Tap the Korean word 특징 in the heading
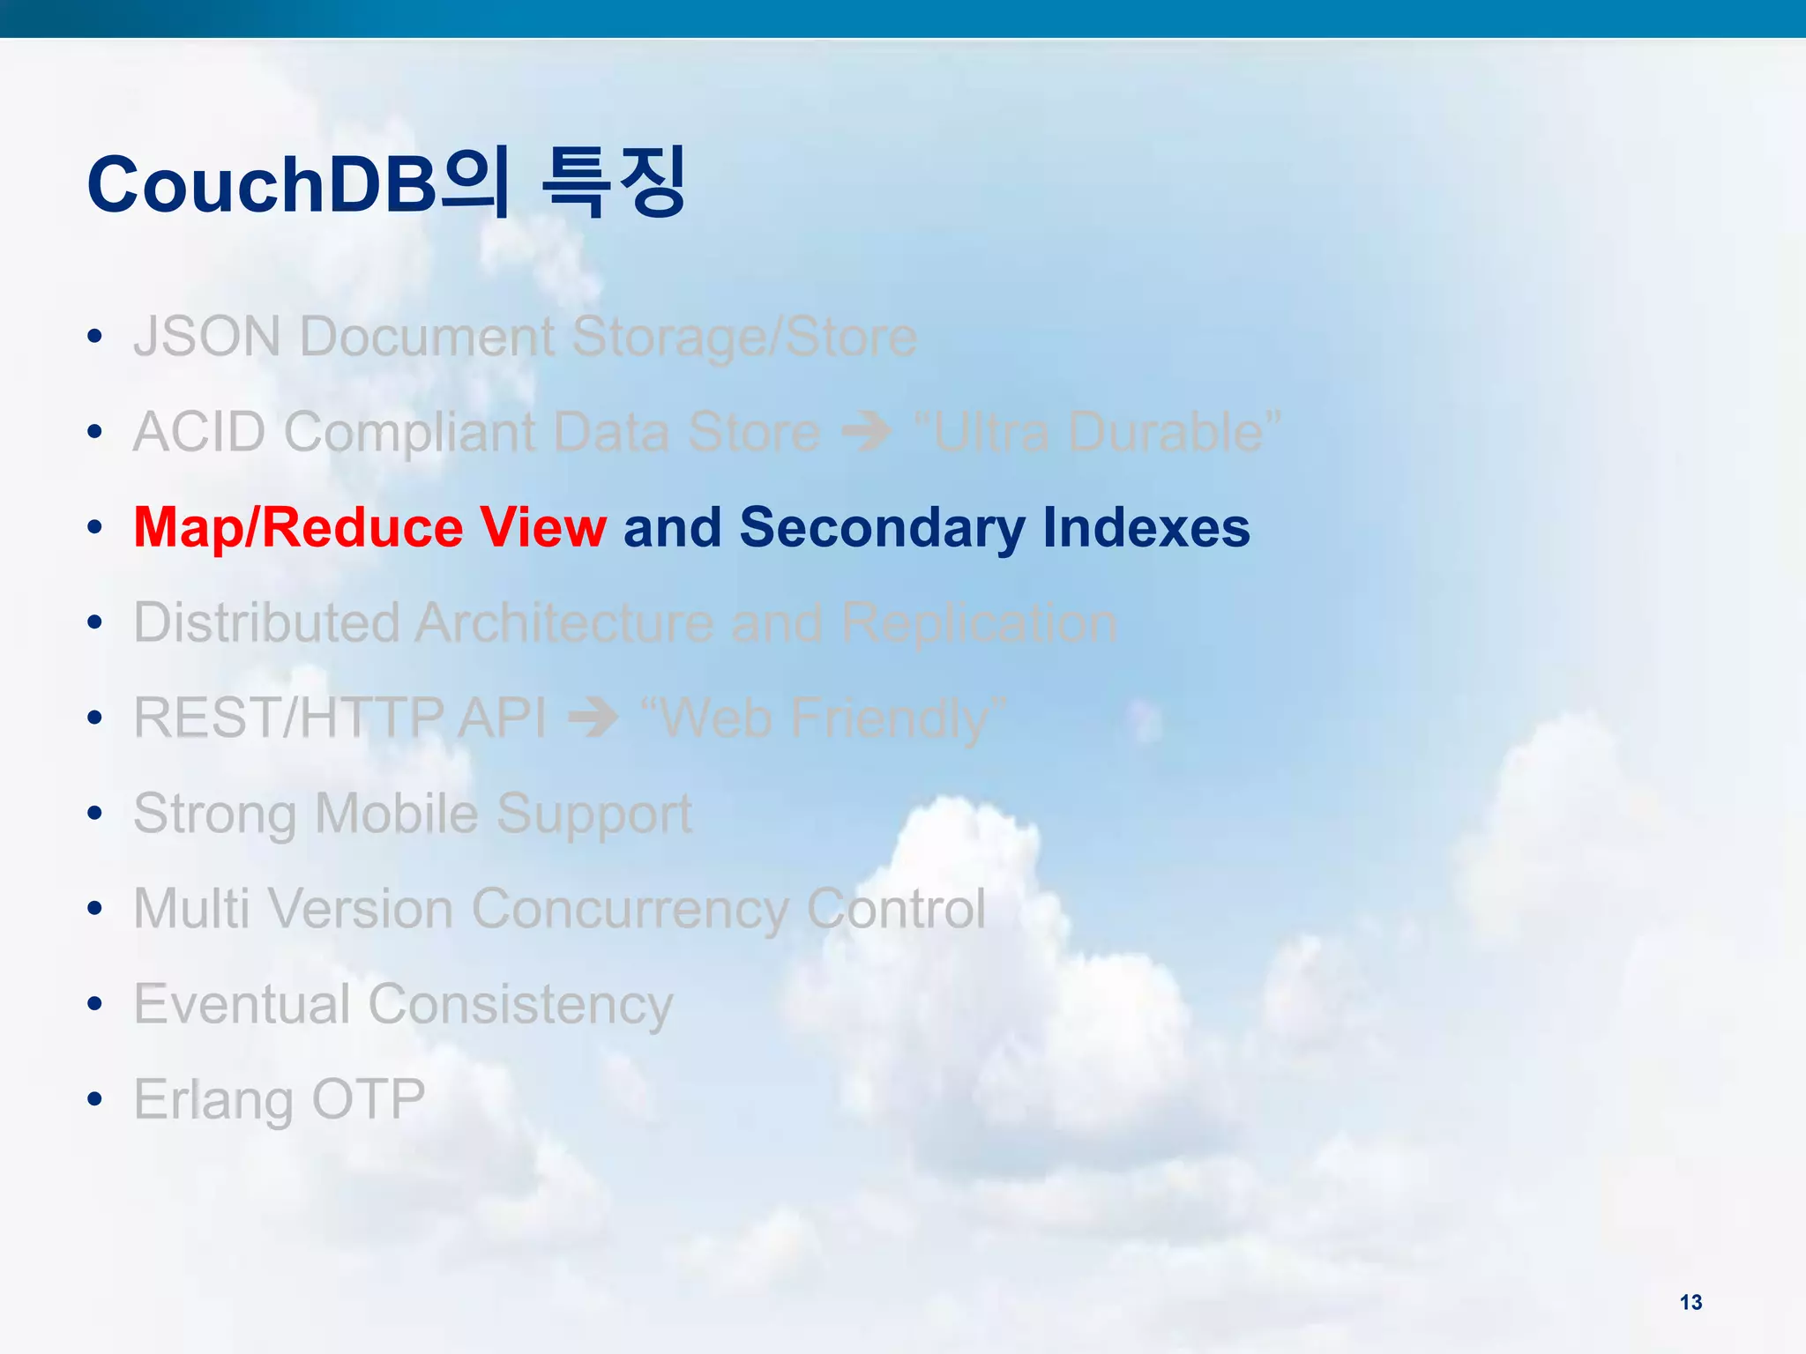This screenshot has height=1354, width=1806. click(614, 183)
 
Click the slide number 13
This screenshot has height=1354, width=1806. click(1690, 1302)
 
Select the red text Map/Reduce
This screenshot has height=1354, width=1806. click(298, 528)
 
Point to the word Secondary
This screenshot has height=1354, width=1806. click(882, 528)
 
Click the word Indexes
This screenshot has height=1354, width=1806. click(1146, 527)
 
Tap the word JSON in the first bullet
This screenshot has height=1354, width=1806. click(207, 337)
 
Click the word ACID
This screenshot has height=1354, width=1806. click(199, 432)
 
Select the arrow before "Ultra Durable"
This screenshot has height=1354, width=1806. click(866, 432)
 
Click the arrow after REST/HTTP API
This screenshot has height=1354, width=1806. click(593, 718)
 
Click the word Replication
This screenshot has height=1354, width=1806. click(979, 622)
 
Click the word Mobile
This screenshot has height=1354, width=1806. click(396, 813)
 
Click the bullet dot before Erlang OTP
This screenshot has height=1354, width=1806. click(95, 1099)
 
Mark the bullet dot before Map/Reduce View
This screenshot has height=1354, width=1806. click(95, 528)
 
